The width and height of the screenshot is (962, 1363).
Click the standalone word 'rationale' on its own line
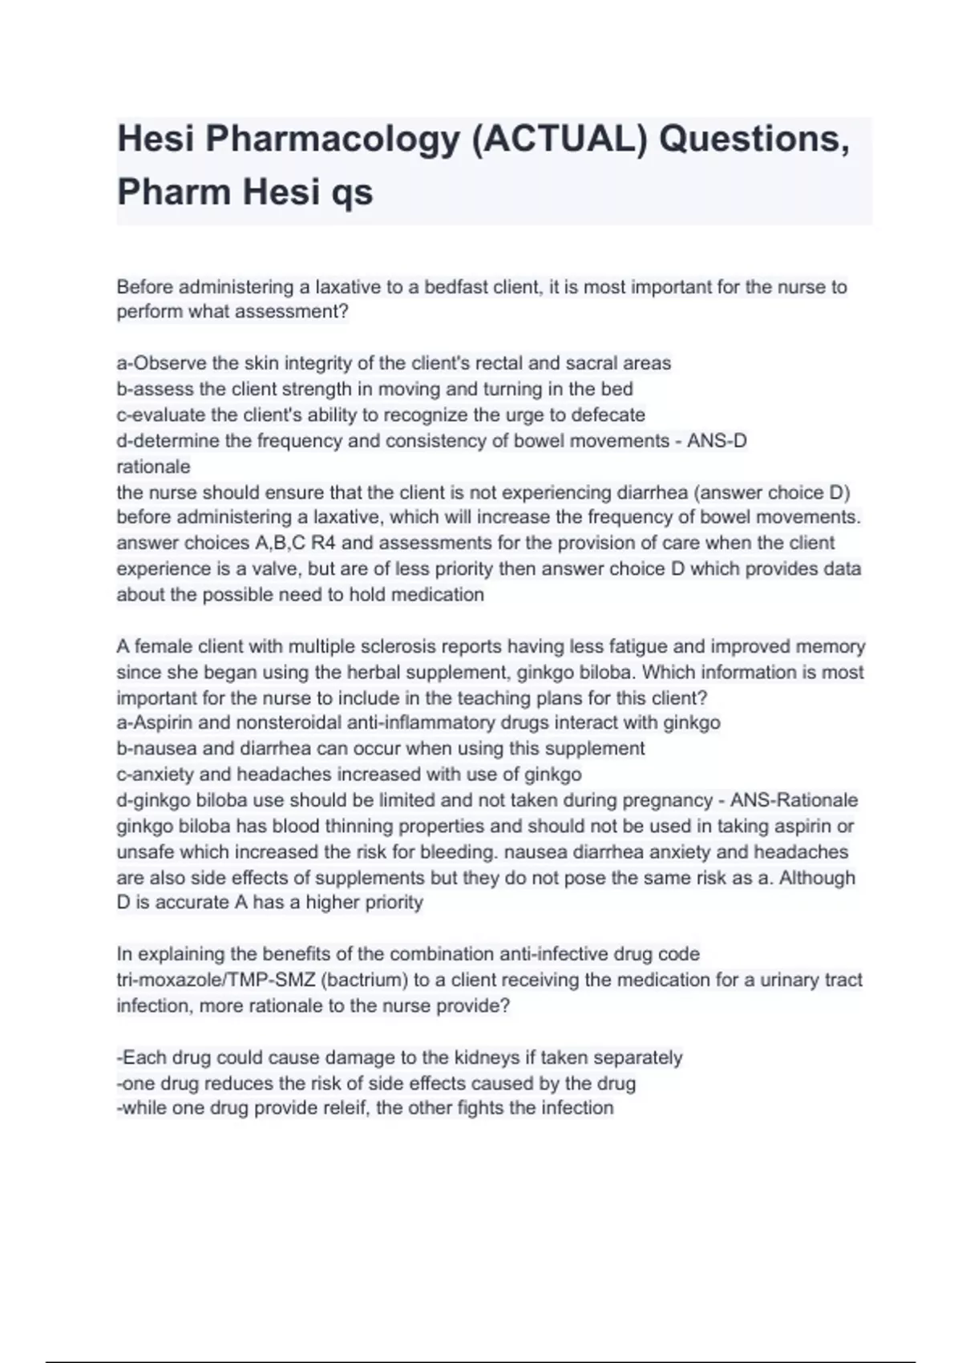pyautogui.click(x=153, y=467)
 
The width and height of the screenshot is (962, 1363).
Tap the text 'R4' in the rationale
pyautogui.click(x=323, y=544)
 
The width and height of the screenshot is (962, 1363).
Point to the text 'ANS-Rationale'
pyautogui.click(x=794, y=800)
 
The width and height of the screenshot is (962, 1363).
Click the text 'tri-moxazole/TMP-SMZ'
pyautogui.click(x=216, y=980)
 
